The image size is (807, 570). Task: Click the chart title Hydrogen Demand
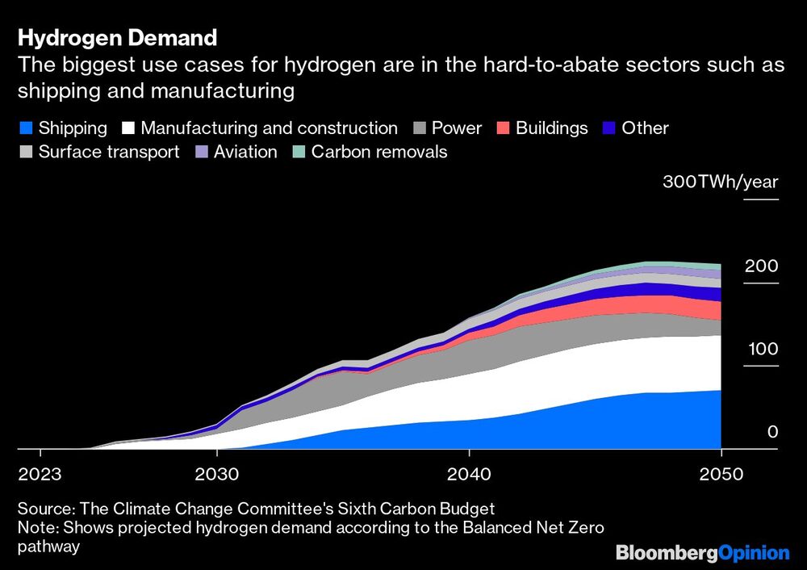tap(118, 38)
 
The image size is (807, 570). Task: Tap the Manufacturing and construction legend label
tap(269, 128)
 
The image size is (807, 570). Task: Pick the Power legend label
tap(456, 128)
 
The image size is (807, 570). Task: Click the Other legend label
tap(645, 128)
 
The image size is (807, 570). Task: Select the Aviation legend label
tap(245, 152)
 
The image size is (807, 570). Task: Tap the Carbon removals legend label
tap(379, 152)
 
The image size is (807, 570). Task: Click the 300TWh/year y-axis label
tap(721, 182)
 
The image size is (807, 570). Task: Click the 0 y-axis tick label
tap(772, 433)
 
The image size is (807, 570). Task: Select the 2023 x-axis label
tap(39, 473)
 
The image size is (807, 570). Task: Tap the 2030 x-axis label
tap(216, 473)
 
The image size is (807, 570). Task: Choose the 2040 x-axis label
tap(469, 473)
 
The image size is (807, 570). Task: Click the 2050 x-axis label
tap(721, 473)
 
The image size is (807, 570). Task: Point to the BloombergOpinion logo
tap(702, 553)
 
